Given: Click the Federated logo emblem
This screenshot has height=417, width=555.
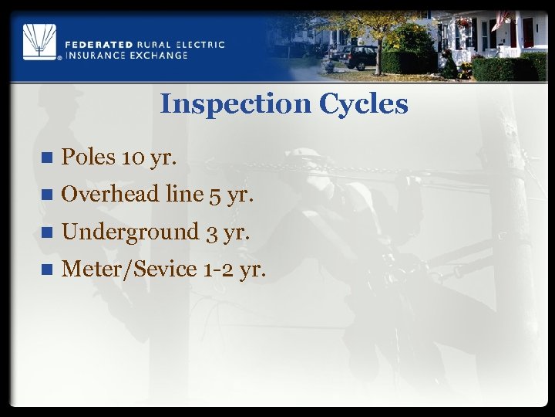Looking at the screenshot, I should click(x=39, y=42).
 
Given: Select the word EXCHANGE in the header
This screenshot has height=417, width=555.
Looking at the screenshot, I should click(x=159, y=55).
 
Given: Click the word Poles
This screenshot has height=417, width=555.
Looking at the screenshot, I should click(x=88, y=158).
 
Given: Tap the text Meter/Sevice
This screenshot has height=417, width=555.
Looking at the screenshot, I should click(x=129, y=269).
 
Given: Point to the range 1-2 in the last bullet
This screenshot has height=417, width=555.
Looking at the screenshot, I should click(x=219, y=269).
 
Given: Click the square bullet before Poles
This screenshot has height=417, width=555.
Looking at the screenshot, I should click(x=46, y=158).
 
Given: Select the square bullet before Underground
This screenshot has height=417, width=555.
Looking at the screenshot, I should click(x=46, y=232).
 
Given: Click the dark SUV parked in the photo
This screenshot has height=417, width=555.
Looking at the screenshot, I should click(x=356, y=57).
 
